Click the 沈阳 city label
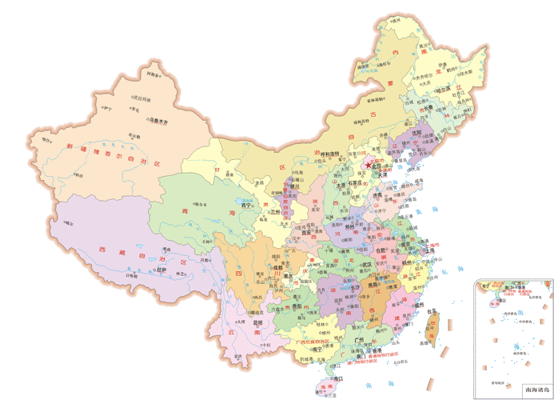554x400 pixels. (416, 134)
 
